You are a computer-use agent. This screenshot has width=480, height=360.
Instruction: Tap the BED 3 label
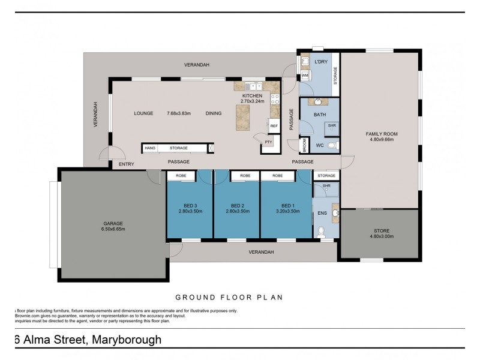tap(190, 205)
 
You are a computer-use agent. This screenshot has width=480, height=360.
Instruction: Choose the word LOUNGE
tap(143, 113)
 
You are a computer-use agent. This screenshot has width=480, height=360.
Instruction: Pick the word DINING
tap(214, 113)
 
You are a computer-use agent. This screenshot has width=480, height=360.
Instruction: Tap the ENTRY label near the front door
tap(127, 164)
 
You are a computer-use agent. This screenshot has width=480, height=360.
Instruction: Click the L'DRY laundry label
tap(320, 62)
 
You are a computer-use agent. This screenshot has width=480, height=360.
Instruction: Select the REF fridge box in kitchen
tap(274, 126)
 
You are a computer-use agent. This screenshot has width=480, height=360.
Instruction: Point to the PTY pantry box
tap(268, 142)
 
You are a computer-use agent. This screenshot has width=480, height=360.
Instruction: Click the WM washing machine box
tap(305, 76)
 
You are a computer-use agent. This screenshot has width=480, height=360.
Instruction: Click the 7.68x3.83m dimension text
tap(179, 113)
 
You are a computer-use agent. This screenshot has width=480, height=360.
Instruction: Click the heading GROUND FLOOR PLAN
tap(229, 297)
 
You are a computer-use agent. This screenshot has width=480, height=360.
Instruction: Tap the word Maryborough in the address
tap(127, 340)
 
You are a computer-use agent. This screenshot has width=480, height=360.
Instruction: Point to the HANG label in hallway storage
tap(149, 148)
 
